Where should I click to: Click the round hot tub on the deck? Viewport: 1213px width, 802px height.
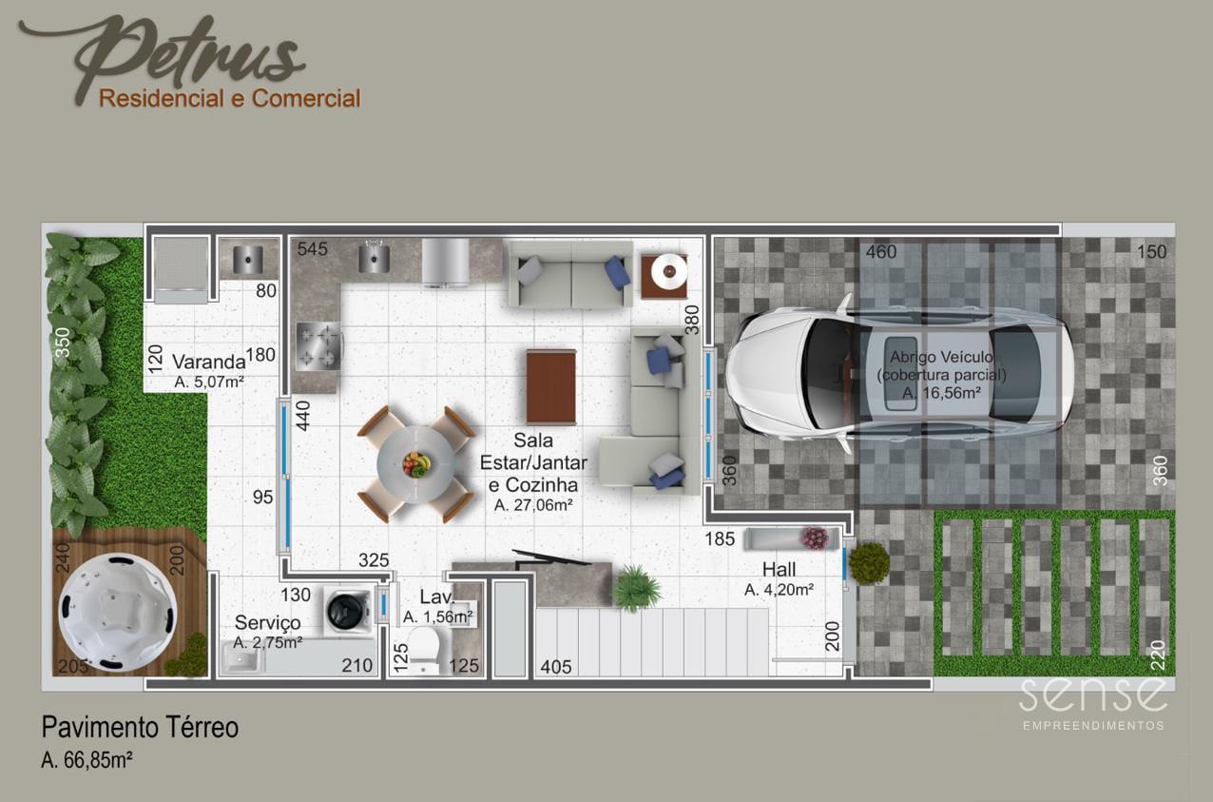point(118,613)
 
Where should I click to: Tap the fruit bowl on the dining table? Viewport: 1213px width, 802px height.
point(415,464)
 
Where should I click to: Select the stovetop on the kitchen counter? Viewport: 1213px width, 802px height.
point(318,346)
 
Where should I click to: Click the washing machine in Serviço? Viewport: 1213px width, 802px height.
point(348,611)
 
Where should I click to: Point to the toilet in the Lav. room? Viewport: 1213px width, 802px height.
point(423,650)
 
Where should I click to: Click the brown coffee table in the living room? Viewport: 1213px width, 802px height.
point(551,386)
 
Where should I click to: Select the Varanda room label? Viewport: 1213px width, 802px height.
point(209,362)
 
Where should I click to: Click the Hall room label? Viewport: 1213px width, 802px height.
point(780,570)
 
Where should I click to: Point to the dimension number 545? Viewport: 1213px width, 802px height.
point(313,248)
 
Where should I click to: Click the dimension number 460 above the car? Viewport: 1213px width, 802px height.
point(881,251)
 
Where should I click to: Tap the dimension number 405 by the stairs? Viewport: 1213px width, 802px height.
point(556,667)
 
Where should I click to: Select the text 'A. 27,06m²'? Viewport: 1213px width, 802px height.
point(533,505)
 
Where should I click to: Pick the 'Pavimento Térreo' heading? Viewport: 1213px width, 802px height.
point(140,727)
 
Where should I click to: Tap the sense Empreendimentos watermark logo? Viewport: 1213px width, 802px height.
point(1093,703)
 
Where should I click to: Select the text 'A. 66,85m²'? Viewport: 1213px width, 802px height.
point(87,760)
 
